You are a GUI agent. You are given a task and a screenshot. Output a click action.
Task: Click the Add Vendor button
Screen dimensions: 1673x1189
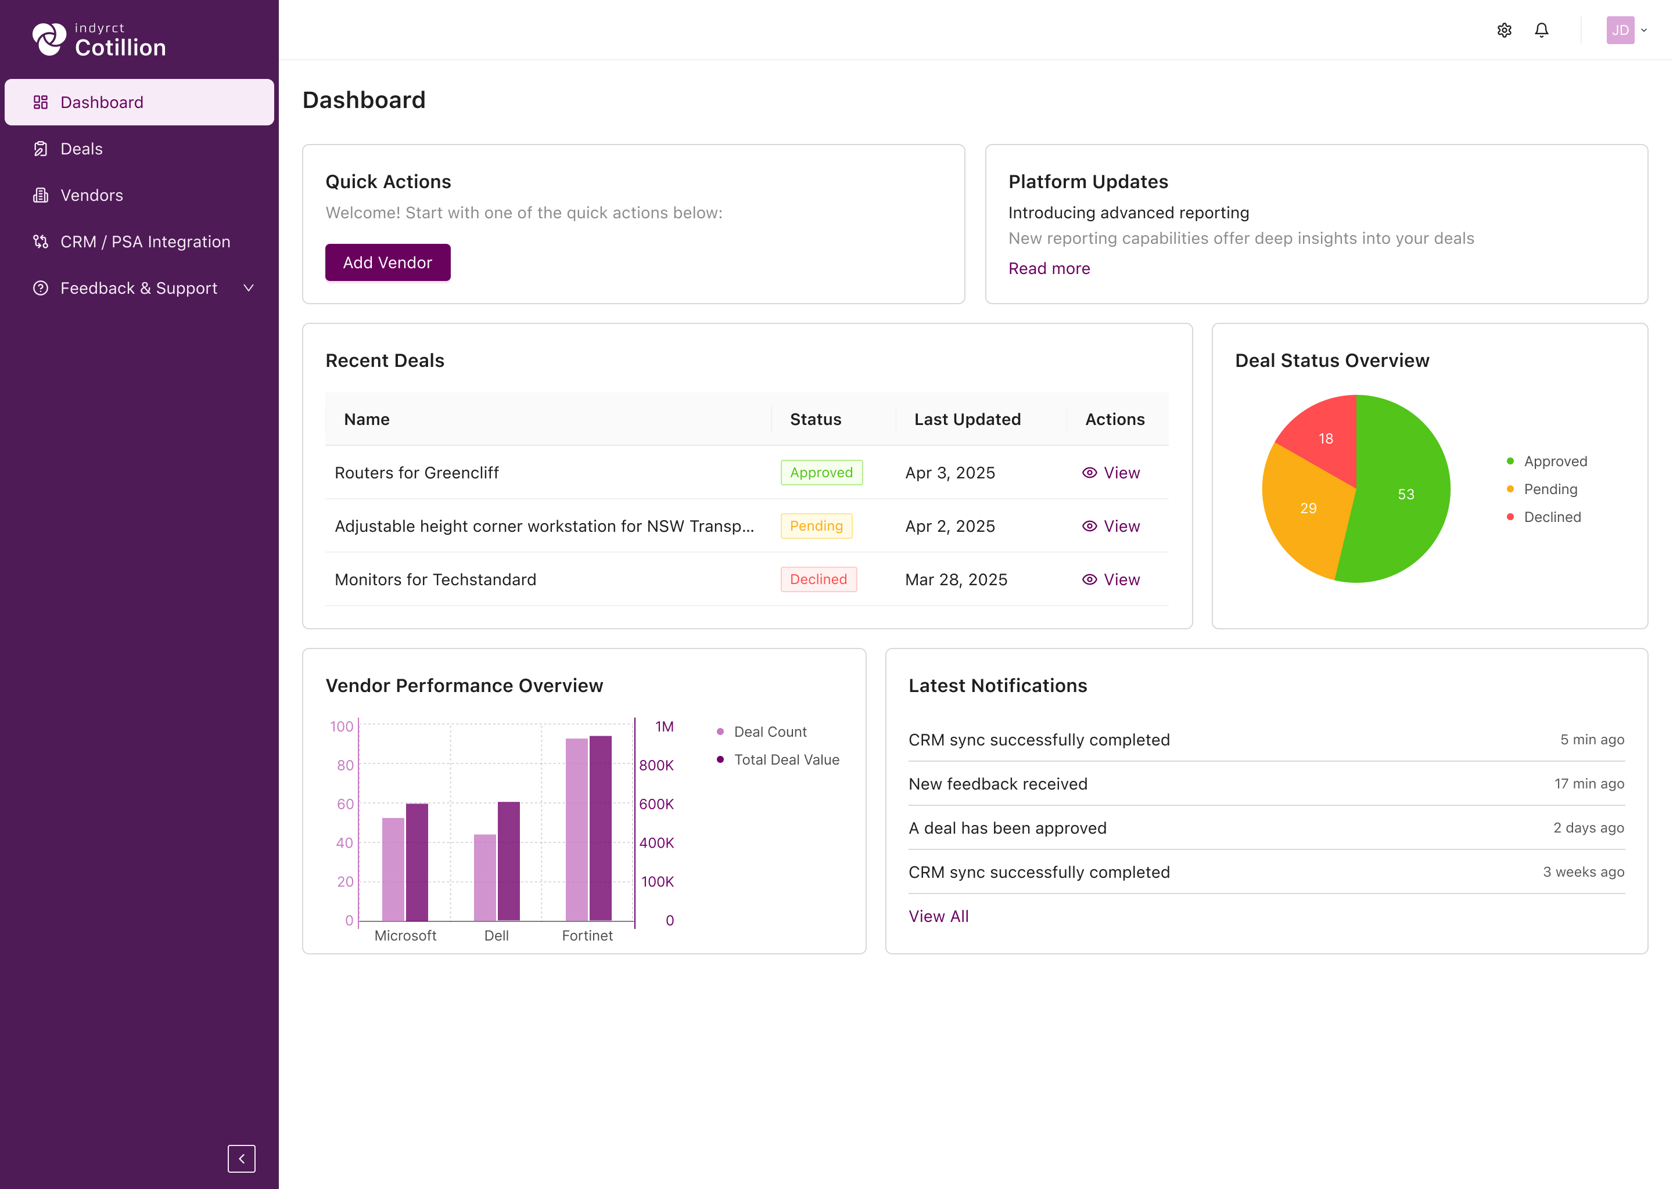coord(387,262)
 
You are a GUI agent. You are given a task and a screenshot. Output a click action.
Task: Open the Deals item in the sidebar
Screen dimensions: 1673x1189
coord(81,149)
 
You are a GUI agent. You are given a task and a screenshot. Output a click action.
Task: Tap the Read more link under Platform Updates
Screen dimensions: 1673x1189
coord(1049,269)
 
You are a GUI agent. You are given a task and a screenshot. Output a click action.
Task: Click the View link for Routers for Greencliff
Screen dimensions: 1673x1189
coord(1111,473)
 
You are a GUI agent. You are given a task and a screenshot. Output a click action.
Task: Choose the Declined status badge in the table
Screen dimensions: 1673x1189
coord(818,579)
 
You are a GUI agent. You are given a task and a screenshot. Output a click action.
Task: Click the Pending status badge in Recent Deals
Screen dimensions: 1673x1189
coord(816,525)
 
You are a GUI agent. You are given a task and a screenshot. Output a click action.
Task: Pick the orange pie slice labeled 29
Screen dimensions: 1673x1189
coord(1306,509)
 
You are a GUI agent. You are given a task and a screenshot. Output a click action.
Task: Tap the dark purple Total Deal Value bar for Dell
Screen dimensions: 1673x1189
coord(508,861)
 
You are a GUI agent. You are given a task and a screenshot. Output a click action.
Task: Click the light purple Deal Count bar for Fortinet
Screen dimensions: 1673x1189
coord(576,830)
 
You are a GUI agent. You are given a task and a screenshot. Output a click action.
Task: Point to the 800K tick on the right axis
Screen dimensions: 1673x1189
coord(656,765)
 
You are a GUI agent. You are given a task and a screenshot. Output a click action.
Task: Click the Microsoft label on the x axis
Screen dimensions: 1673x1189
coord(405,936)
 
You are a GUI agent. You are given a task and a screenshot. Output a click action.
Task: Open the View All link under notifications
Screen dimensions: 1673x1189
coord(938,917)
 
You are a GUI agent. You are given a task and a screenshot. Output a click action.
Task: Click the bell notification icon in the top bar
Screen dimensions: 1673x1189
coord(1542,30)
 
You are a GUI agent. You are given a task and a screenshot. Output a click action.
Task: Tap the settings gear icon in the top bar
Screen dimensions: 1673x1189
coord(1505,30)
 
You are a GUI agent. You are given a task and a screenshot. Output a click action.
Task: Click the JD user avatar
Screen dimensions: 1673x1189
coord(1620,30)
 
